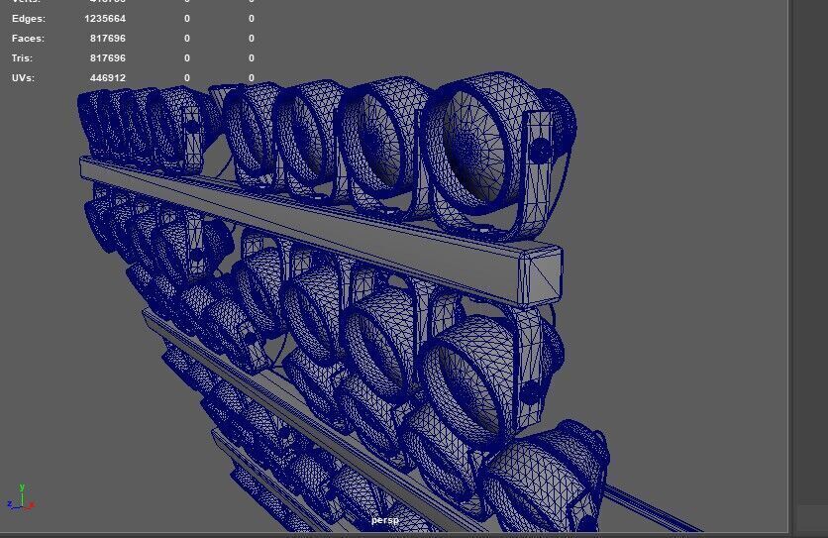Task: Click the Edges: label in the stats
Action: [28, 19]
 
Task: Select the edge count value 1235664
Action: [105, 19]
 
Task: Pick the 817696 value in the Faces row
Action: [107, 39]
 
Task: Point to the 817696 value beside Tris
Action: [107, 58]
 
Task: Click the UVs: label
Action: [23, 77]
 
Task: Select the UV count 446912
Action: [107, 77]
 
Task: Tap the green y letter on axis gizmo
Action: [22, 487]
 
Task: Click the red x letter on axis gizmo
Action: [32, 504]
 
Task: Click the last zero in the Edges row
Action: [252, 19]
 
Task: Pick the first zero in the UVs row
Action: [186, 77]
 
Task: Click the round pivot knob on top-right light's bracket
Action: [540, 151]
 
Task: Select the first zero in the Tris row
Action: [186, 58]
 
